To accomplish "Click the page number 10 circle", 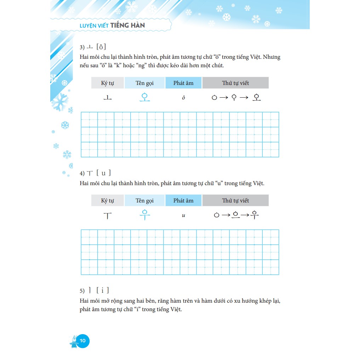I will (82, 341).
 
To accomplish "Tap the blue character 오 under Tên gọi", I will (144, 97).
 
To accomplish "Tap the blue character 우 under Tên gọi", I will (144, 215).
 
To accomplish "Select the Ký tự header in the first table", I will (107, 83).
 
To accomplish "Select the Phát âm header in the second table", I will (183, 200).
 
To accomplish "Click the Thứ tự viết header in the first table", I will (235, 83).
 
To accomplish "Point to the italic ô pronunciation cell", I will (183, 98).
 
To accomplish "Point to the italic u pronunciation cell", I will (183, 215).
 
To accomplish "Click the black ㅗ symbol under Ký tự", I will (107, 98).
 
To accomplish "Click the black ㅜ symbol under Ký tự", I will (107, 215).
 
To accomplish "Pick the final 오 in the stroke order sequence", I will (257, 97).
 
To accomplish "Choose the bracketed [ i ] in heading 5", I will (103, 291).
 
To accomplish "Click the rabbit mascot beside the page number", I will (74, 341).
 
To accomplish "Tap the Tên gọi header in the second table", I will (144, 200).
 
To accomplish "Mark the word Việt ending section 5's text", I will (175, 309).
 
